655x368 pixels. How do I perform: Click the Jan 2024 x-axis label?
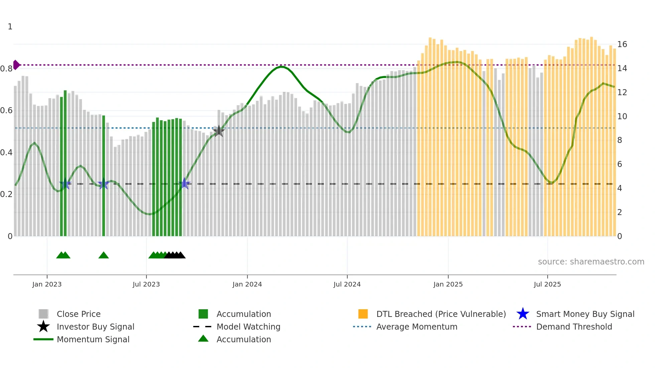[247, 284]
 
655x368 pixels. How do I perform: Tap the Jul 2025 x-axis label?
[547, 284]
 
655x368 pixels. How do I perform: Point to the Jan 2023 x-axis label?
[47, 284]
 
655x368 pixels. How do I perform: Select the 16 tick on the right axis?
[622, 44]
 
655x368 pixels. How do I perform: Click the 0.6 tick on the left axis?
[6, 111]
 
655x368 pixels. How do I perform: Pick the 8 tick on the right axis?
[620, 140]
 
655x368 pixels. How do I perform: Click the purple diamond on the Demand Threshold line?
[16, 65]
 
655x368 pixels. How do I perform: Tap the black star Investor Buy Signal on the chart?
[219, 131]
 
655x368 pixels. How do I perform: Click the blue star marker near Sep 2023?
[184, 183]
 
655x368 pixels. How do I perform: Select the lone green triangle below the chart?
[104, 255]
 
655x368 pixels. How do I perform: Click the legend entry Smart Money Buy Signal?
[585, 314]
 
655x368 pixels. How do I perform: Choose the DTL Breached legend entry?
[441, 314]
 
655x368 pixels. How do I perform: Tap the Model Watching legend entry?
[248, 327]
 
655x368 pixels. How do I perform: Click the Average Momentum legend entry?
[416, 327]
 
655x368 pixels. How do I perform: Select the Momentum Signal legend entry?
[93, 339]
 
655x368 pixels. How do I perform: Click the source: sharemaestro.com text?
[591, 261]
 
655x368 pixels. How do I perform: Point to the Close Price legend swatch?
[43, 314]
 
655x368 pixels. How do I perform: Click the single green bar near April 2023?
[104, 176]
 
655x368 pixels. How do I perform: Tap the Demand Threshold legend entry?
[574, 327]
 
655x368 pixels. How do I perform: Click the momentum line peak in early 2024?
[282, 66]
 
